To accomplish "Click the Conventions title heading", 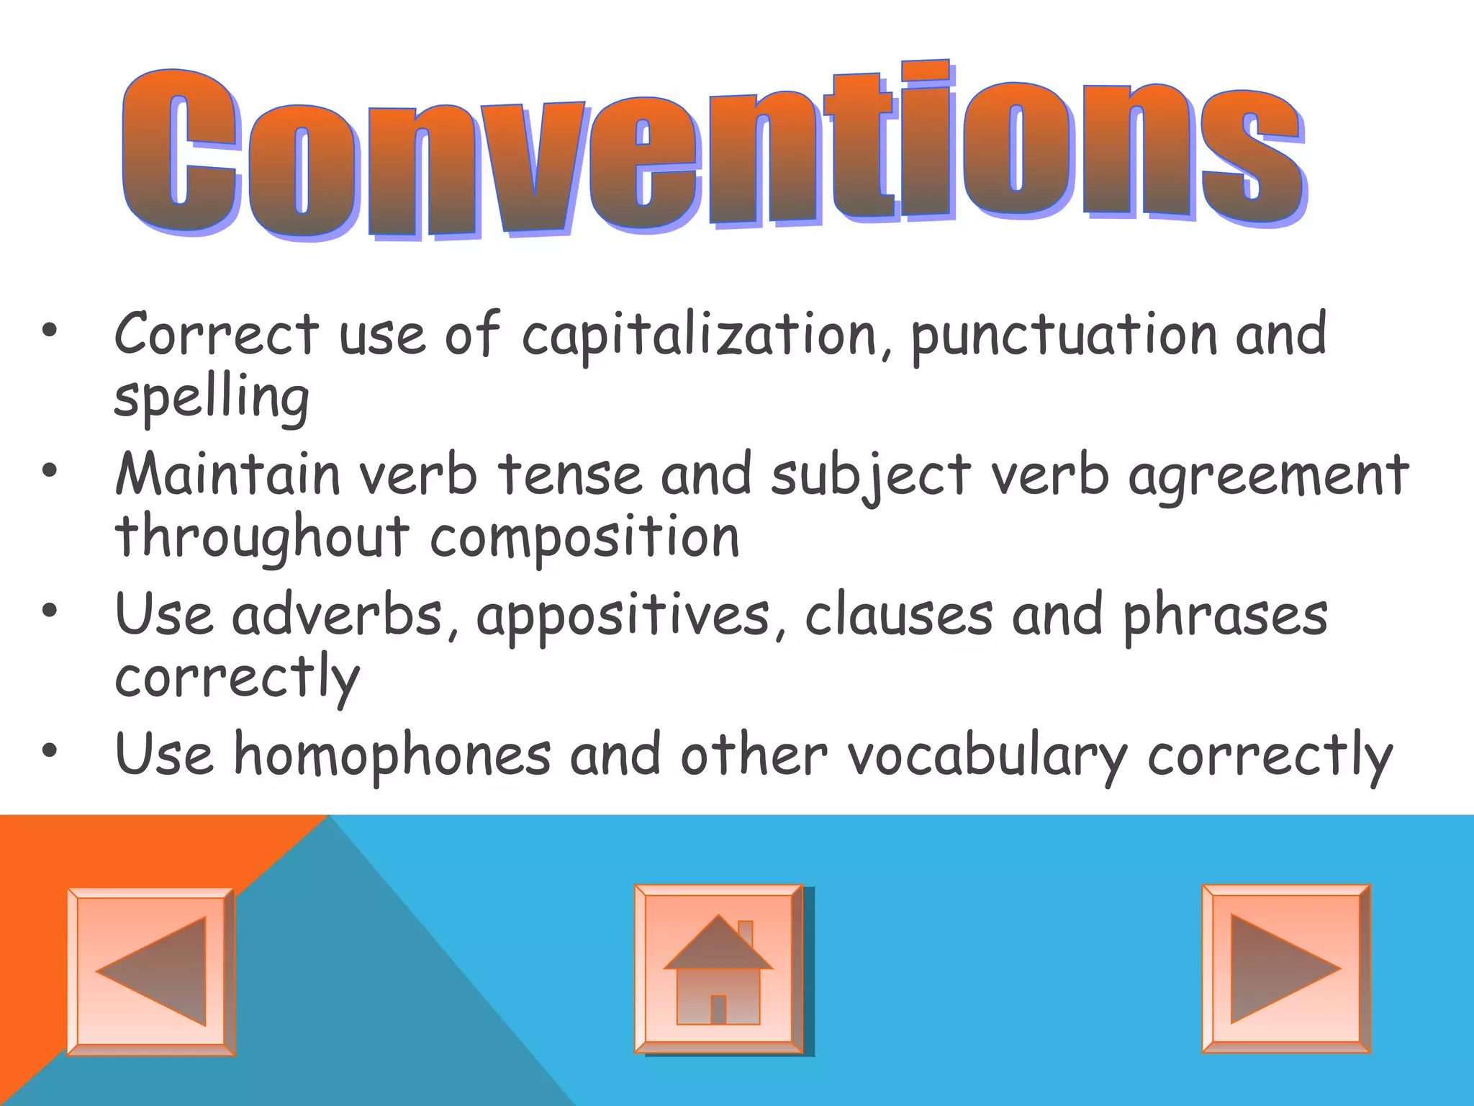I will point(713,151).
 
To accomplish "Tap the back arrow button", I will point(151,971).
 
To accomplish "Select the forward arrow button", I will point(1285,968).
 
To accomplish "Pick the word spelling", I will point(212,398).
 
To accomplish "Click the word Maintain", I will point(227,475).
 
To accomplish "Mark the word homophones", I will point(392,755).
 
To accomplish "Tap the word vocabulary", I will point(987,755).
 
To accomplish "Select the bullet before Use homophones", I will point(49,752).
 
